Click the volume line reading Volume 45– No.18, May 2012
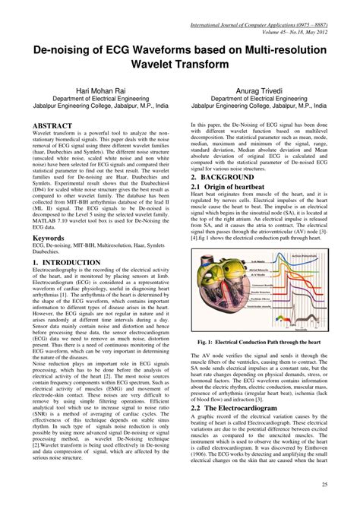click(309, 12)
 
